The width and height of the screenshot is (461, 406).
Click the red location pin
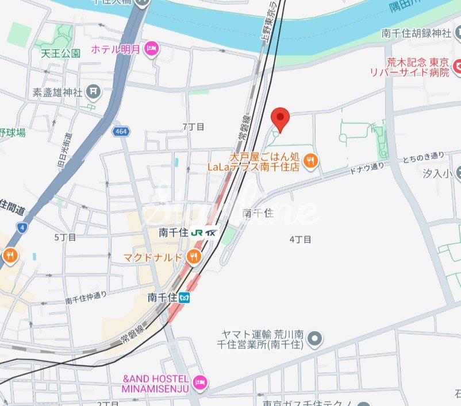[x=280, y=118]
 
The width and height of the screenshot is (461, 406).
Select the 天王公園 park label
[x=60, y=53]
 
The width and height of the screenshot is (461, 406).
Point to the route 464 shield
[x=122, y=132]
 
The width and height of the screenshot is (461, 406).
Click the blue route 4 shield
[x=21, y=227]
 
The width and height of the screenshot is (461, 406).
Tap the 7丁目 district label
[x=193, y=126]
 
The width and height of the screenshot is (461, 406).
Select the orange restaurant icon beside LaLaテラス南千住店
[x=310, y=161]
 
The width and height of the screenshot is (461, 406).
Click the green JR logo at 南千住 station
[x=198, y=233]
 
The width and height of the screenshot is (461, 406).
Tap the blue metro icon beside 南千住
[x=185, y=297]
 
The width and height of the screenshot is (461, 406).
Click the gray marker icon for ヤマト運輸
[x=314, y=339]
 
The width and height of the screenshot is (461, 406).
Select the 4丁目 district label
[x=300, y=239]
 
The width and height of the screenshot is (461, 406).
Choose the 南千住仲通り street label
[x=86, y=297]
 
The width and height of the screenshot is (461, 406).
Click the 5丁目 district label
[x=65, y=237]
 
